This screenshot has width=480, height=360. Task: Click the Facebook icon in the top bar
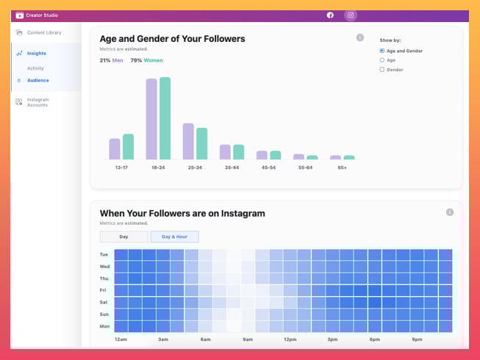tap(330, 15)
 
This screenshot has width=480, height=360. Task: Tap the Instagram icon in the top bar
tap(351, 15)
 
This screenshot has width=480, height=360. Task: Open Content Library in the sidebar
tap(43, 33)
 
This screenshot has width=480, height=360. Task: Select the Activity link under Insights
tap(35, 68)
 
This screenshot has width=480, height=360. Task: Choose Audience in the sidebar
tap(37, 81)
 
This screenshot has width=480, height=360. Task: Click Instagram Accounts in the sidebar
tap(37, 102)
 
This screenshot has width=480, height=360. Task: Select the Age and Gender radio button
tap(382, 51)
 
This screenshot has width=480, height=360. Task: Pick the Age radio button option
tap(382, 60)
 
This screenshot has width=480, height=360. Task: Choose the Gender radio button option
tap(382, 70)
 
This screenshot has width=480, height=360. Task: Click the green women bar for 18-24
tap(165, 118)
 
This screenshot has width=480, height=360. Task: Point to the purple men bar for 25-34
tap(188, 141)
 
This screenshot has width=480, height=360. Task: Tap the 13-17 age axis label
tap(121, 168)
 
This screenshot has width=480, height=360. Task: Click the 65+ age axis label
tap(343, 168)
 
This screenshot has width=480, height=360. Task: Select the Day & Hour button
tap(174, 237)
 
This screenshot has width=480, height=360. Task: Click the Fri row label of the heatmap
tap(104, 290)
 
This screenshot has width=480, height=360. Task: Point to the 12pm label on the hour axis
tap(290, 339)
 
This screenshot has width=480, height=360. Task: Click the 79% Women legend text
tap(147, 60)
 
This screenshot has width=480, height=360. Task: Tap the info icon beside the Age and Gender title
tap(359, 37)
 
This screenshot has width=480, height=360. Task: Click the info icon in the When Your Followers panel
tap(449, 212)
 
